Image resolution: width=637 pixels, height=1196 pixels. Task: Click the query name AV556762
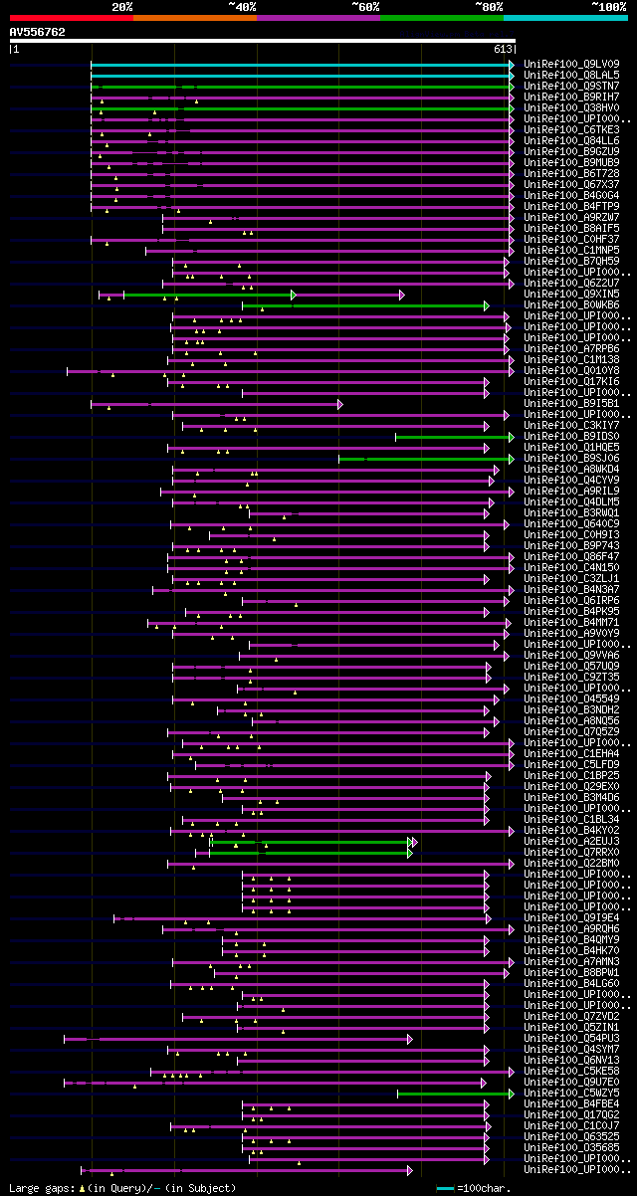click(38, 32)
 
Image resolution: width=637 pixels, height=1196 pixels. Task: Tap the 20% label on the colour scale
click(122, 7)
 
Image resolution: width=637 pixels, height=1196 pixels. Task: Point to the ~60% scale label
click(365, 7)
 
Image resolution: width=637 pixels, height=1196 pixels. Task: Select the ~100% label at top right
click(608, 7)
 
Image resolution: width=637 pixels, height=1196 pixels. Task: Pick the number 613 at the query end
click(503, 49)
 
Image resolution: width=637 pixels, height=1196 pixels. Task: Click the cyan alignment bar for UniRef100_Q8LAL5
click(299, 75)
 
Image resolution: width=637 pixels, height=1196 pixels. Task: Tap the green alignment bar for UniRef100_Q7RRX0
click(309, 853)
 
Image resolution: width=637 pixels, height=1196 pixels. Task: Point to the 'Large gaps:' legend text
click(40, 1188)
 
